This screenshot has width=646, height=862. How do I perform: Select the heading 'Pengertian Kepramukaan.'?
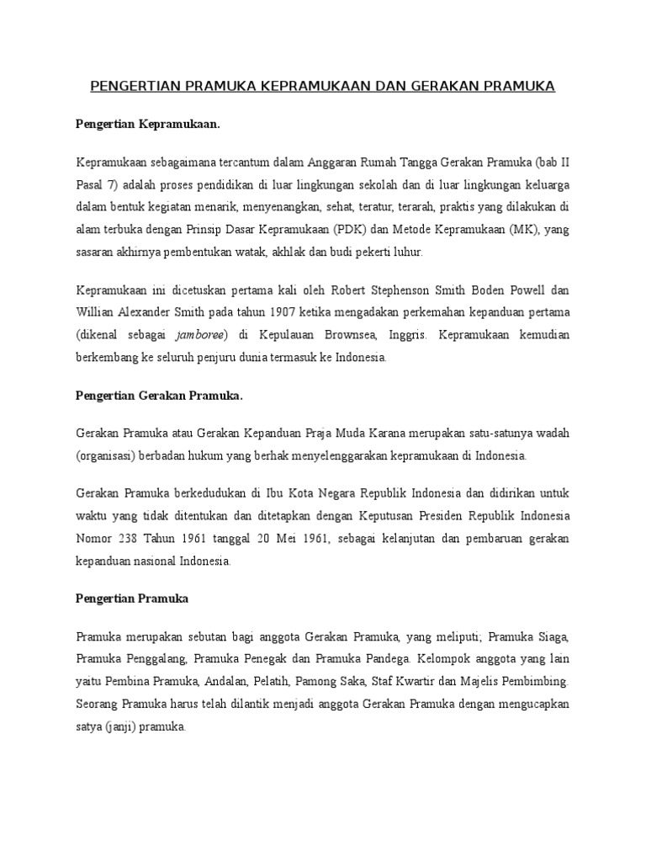[x=147, y=124]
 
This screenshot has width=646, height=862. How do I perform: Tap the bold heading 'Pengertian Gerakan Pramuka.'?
[x=158, y=396]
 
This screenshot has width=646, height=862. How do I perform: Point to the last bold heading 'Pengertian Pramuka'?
[x=132, y=599]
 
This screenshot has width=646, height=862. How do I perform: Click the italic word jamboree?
[x=207, y=335]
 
